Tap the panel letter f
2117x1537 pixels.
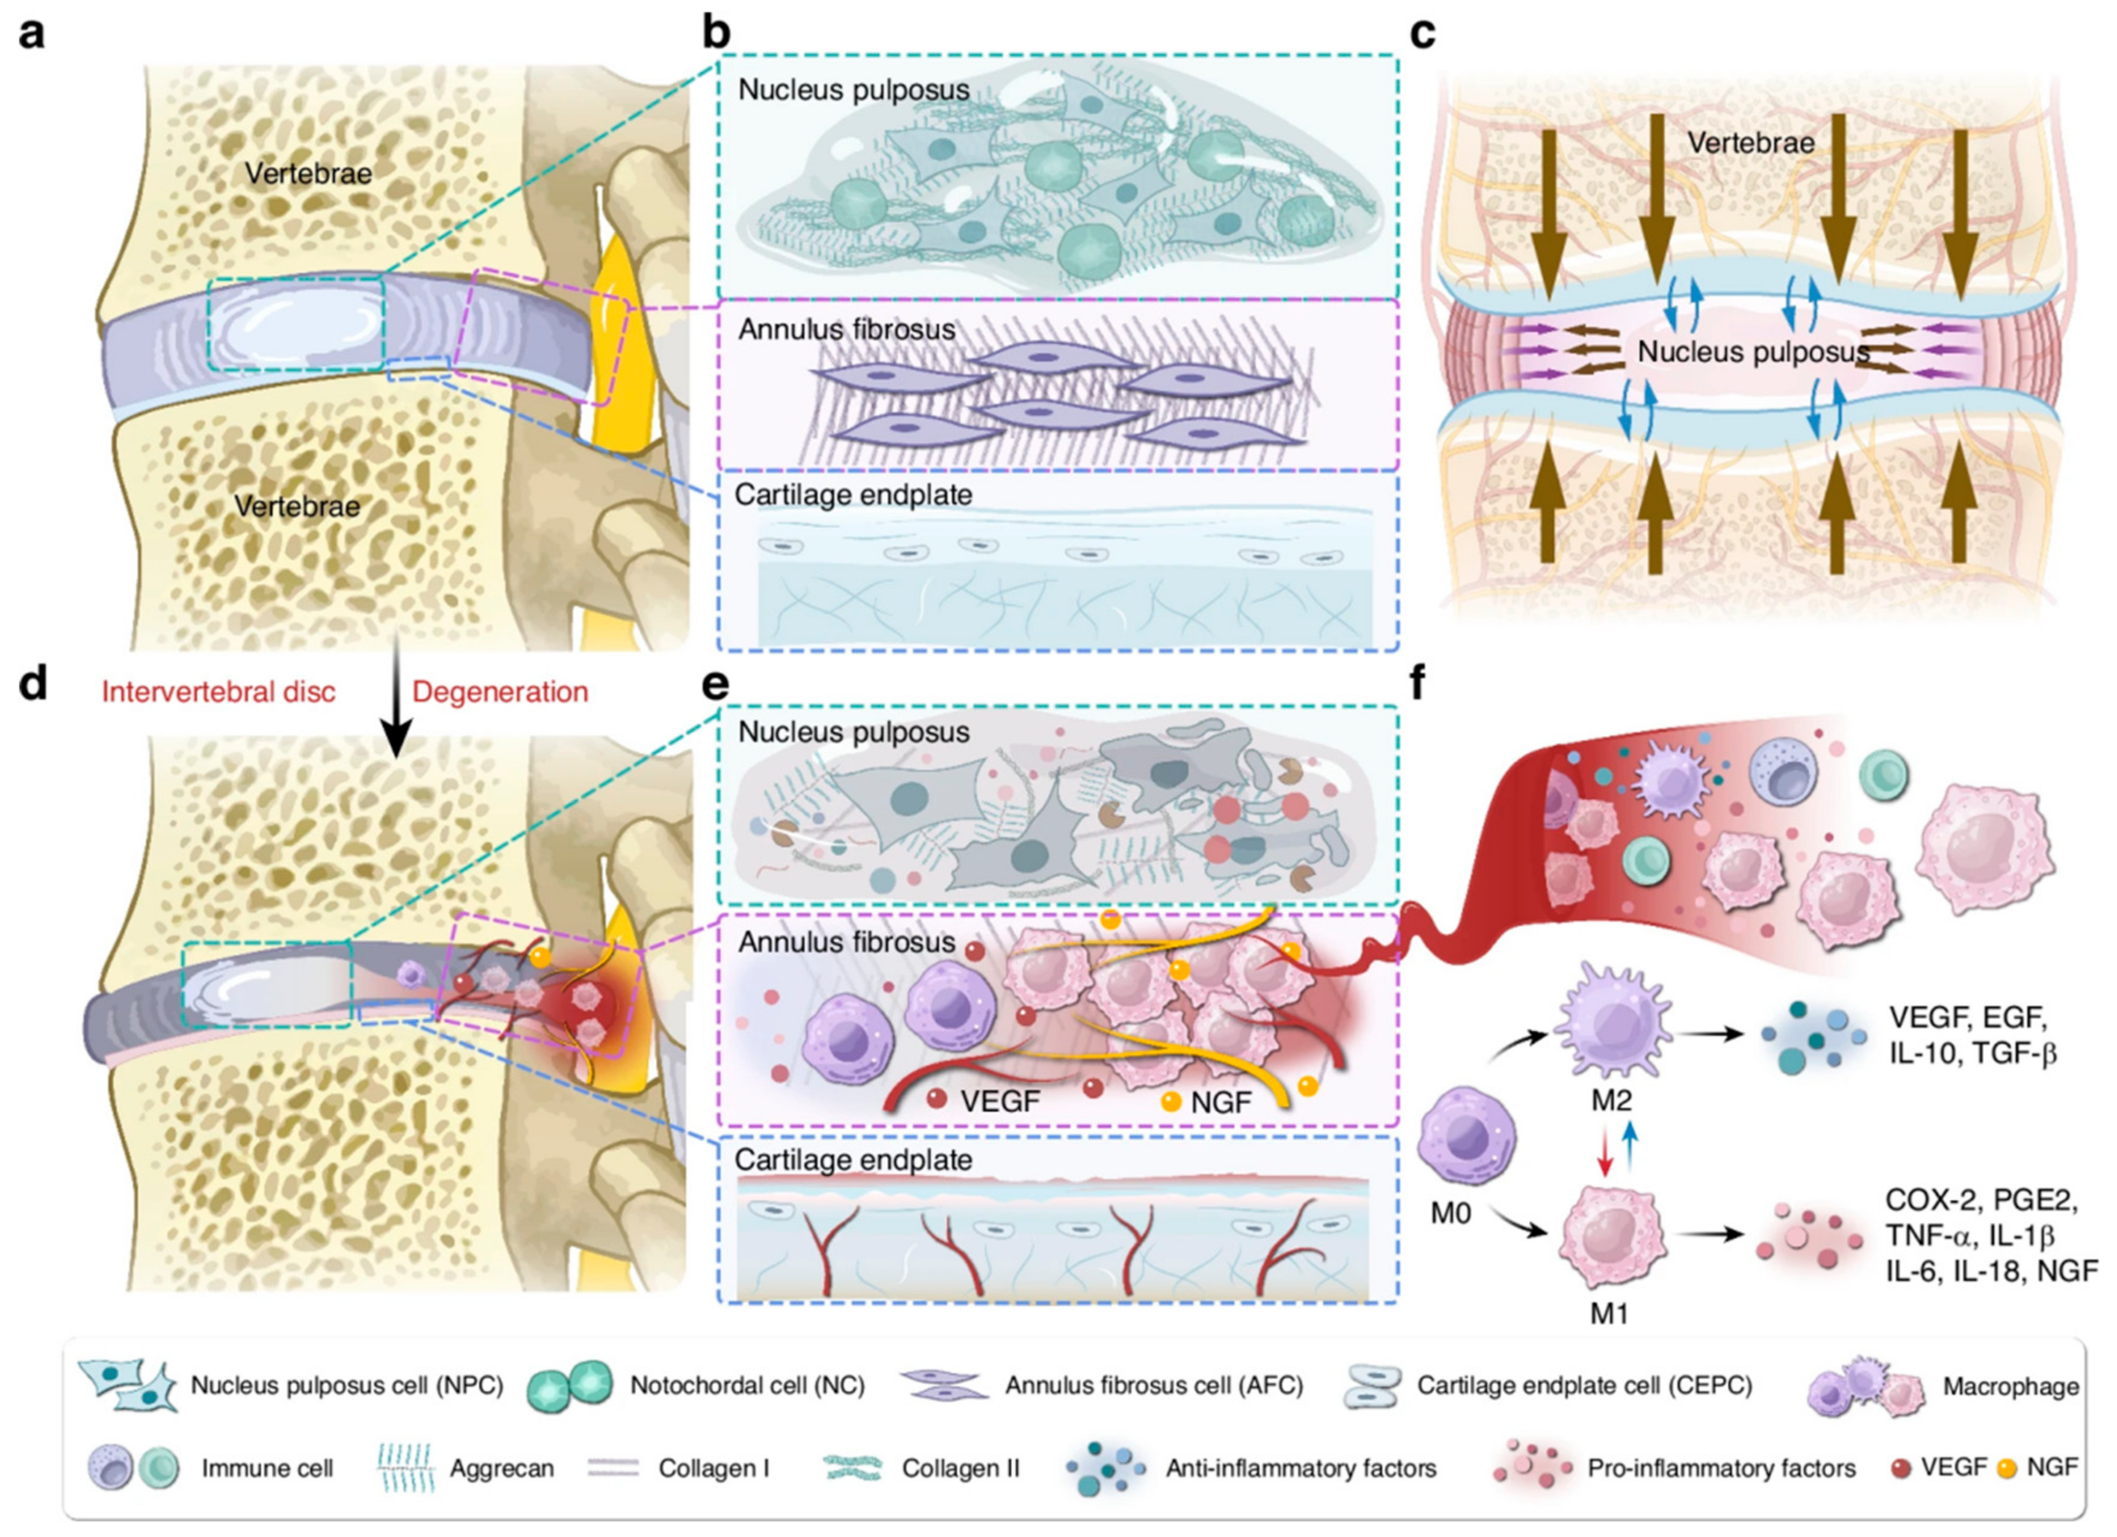tap(1419, 684)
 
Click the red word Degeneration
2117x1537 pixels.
tap(500, 692)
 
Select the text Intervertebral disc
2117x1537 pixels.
tap(219, 692)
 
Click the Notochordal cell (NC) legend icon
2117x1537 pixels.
tap(570, 1385)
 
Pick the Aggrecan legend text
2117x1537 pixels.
tap(501, 1469)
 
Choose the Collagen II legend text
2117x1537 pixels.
tap(960, 1469)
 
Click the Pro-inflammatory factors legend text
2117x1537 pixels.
tap(1721, 1469)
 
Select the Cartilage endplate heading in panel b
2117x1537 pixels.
tap(853, 495)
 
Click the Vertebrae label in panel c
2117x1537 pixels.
tap(1751, 143)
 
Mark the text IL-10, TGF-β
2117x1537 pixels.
tap(1972, 1053)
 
